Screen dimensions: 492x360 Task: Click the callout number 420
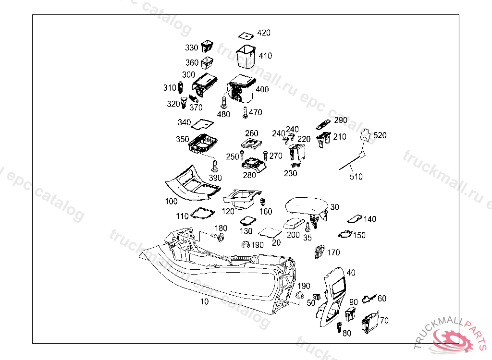[264, 33]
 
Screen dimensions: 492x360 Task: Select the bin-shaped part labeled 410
[246, 57]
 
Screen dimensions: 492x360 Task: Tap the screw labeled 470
[246, 113]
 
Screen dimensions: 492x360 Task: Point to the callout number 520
[380, 135]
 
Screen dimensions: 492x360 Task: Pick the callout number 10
[204, 301]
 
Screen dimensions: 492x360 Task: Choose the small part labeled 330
[207, 46]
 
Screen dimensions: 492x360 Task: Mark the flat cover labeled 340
[202, 124]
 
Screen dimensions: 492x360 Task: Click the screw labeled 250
[242, 155]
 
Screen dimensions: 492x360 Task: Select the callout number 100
[172, 201]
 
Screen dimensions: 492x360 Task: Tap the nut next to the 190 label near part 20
[246, 244]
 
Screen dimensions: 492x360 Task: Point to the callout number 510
[356, 177]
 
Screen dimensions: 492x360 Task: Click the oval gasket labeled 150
[345, 234]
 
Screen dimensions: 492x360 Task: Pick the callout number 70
[384, 321]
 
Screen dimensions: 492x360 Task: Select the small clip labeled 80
[339, 327]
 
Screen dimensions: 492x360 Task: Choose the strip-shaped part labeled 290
[323, 124]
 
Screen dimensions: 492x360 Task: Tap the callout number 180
[221, 228]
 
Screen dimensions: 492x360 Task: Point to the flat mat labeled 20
[270, 232]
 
